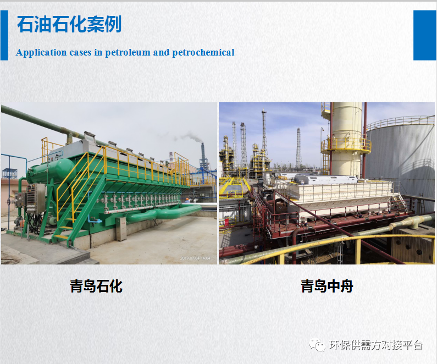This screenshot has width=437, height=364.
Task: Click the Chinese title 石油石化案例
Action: point(69,24)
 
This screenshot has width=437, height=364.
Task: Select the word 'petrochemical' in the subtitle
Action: point(203,52)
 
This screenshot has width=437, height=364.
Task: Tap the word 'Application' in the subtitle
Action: point(41,53)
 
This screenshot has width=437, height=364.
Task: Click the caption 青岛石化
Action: point(96,286)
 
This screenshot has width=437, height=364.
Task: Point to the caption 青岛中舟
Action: point(327,286)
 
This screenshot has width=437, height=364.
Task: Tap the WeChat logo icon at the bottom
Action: point(317,345)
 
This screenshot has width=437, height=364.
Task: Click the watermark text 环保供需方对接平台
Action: point(375,345)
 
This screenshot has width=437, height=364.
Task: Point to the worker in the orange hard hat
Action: point(187,200)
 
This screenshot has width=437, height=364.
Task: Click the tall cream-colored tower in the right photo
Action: point(346,139)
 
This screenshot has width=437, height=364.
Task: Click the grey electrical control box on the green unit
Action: point(36,198)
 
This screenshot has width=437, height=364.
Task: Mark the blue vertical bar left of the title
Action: point(4,35)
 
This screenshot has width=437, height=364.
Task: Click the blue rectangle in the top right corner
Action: point(424,35)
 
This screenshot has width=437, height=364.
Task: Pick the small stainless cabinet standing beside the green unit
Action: point(121,229)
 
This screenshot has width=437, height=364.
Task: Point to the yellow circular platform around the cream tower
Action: point(346,146)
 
